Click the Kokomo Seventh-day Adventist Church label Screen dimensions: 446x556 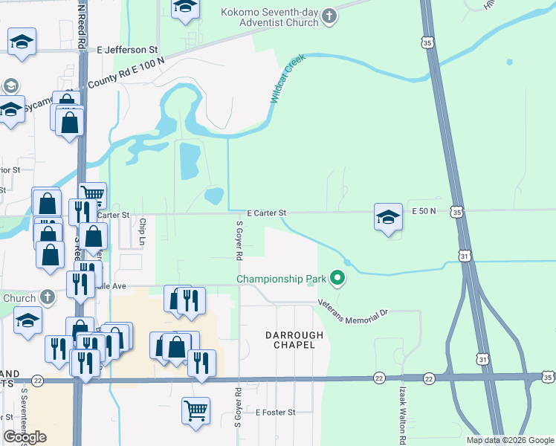pos(269,17)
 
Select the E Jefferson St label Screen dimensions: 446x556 pos(128,50)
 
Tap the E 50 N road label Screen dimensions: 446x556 pos(424,212)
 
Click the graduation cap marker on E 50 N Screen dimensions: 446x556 pos(387,216)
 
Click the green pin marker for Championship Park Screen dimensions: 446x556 pos(338,279)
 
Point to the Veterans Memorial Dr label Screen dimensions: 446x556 pos(353,308)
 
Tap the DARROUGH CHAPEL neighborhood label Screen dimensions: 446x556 pos(295,340)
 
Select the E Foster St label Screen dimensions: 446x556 pos(275,412)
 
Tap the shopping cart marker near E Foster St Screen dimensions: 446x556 pos(195,410)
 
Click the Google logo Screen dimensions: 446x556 pos(25,437)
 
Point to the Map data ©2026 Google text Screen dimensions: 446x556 pos(510,440)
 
